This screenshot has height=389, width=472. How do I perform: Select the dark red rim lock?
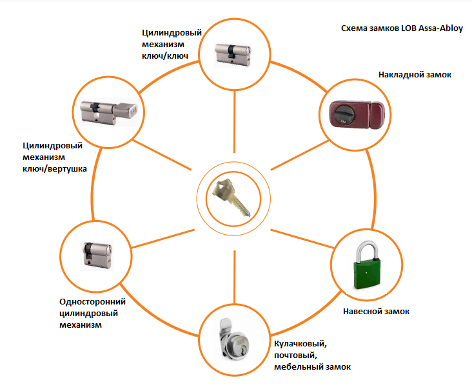[x=357, y=114]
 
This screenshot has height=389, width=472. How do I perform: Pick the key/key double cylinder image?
[x=233, y=54]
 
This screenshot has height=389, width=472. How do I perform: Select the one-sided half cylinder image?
[x=97, y=255]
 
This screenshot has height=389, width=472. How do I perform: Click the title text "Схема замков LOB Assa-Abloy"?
[x=402, y=28]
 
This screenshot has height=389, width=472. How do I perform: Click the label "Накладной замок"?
[x=415, y=75]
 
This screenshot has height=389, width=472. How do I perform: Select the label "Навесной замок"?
[x=377, y=312]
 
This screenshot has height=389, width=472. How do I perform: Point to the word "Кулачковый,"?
[x=300, y=344]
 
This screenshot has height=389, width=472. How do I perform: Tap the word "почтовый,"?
[x=295, y=355]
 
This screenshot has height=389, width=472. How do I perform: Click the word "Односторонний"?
[x=92, y=302]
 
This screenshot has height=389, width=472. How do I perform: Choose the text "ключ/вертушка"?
[x=54, y=169]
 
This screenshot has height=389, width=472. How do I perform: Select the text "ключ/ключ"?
[x=165, y=56]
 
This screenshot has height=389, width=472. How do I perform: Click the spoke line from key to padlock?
[x=302, y=239]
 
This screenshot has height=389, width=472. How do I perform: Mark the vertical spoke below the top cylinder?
[x=234, y=122]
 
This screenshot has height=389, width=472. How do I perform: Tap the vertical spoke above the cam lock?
[x=234, y=277]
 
